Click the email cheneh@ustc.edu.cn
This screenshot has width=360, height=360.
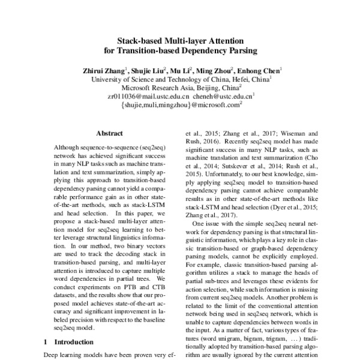click(226, 95)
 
